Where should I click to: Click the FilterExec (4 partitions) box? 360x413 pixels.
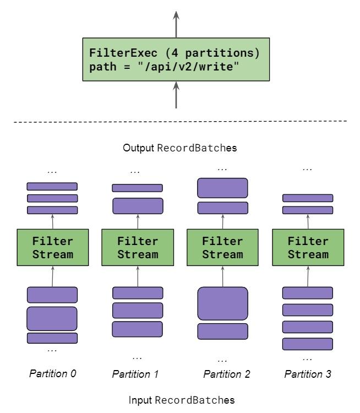tap(176, 59)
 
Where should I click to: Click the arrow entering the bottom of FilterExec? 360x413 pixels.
tap(176, 95)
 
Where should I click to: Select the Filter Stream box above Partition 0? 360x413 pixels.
tap(52, 248)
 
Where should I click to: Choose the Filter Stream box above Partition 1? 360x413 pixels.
tap(137, 248)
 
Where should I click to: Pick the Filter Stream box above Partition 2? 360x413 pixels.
tap(222, 248)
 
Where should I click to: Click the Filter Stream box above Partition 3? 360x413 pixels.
tap(308, 248)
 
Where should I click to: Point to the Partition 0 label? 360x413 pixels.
tap(52, 373)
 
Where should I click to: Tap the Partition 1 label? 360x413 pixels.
tap(135, 374)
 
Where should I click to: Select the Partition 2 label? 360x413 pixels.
tap(227, 374)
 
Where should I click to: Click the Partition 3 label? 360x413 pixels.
tap(308, 374)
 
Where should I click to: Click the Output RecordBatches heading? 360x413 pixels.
tap(180, 148)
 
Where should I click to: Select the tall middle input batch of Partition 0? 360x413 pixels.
tap(52, 318)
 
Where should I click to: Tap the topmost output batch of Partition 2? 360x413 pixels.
tap(222, 188)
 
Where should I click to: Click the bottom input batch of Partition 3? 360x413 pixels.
tap(308, 344)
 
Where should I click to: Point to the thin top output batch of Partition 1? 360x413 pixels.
tap(137, 188)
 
